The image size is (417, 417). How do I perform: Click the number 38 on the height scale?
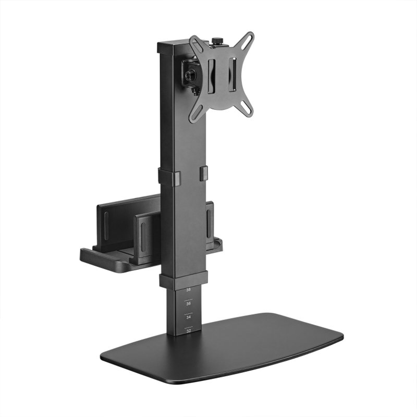188,289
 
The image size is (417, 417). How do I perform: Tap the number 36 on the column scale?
188,303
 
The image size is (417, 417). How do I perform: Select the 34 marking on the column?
188,316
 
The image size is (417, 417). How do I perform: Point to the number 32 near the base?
188,329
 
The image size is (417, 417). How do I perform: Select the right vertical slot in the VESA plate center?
232,74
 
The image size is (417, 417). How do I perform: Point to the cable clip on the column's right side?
203,174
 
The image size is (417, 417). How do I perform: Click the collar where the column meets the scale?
183,280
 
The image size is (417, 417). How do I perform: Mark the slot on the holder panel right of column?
210,222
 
